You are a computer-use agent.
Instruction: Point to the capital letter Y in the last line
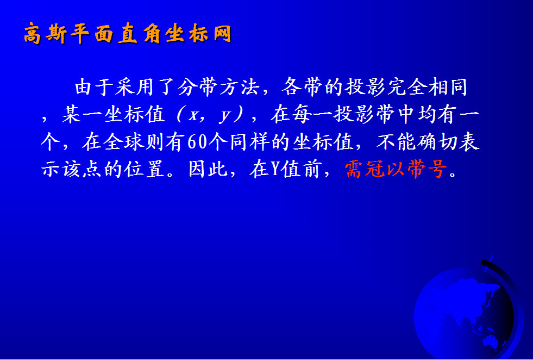point(275,169)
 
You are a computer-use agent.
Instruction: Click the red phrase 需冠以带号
point(396,169)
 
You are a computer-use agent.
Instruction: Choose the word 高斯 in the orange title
point(45,34)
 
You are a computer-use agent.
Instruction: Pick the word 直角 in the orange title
point(140,34)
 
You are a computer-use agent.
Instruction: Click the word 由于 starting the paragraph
point(94,87)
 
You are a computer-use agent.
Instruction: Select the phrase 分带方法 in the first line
point(218,87)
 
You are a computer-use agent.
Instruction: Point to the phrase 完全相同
point(427,87)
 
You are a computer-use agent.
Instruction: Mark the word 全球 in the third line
point(124,142)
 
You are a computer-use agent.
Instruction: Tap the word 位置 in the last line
point(144,169)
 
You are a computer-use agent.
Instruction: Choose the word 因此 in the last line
point(208,169)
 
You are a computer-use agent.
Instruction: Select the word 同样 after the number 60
point(250,142)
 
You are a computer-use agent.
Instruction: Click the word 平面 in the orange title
point(92,34)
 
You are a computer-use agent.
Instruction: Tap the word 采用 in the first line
point(135,87)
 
